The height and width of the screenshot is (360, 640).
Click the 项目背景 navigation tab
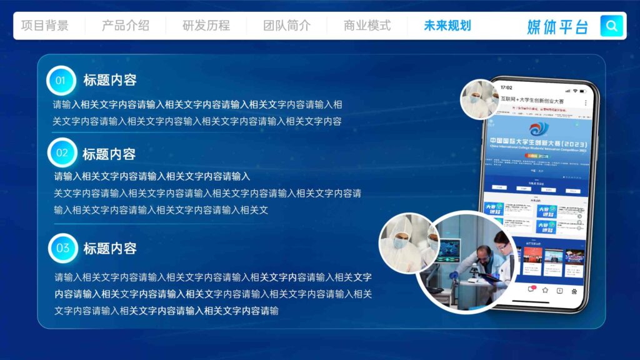coord(45,26)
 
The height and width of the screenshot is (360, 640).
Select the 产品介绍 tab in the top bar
coord(126,26)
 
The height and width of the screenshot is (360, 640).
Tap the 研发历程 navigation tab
coord(206,26)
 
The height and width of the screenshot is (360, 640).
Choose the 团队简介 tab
coord(287,26)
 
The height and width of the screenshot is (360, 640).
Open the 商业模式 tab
coord(367,26)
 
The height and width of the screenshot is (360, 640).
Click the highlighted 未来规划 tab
coord(447,26)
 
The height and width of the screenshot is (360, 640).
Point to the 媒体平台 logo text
coord(557,26)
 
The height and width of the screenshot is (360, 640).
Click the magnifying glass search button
coord(612,26)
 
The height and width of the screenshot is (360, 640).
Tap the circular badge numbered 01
coord(61,81)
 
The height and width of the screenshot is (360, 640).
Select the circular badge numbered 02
coord(62,153)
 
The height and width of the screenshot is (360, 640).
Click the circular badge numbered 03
coord(63,248)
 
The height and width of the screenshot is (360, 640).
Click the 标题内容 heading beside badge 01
coord(110,81)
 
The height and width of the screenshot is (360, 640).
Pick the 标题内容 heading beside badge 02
coord(109,154)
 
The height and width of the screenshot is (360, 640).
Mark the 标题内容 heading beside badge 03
coord(110,249)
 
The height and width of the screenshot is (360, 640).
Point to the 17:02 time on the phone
coord(506,87)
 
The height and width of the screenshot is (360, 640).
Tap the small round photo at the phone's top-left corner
coord(479,99)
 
